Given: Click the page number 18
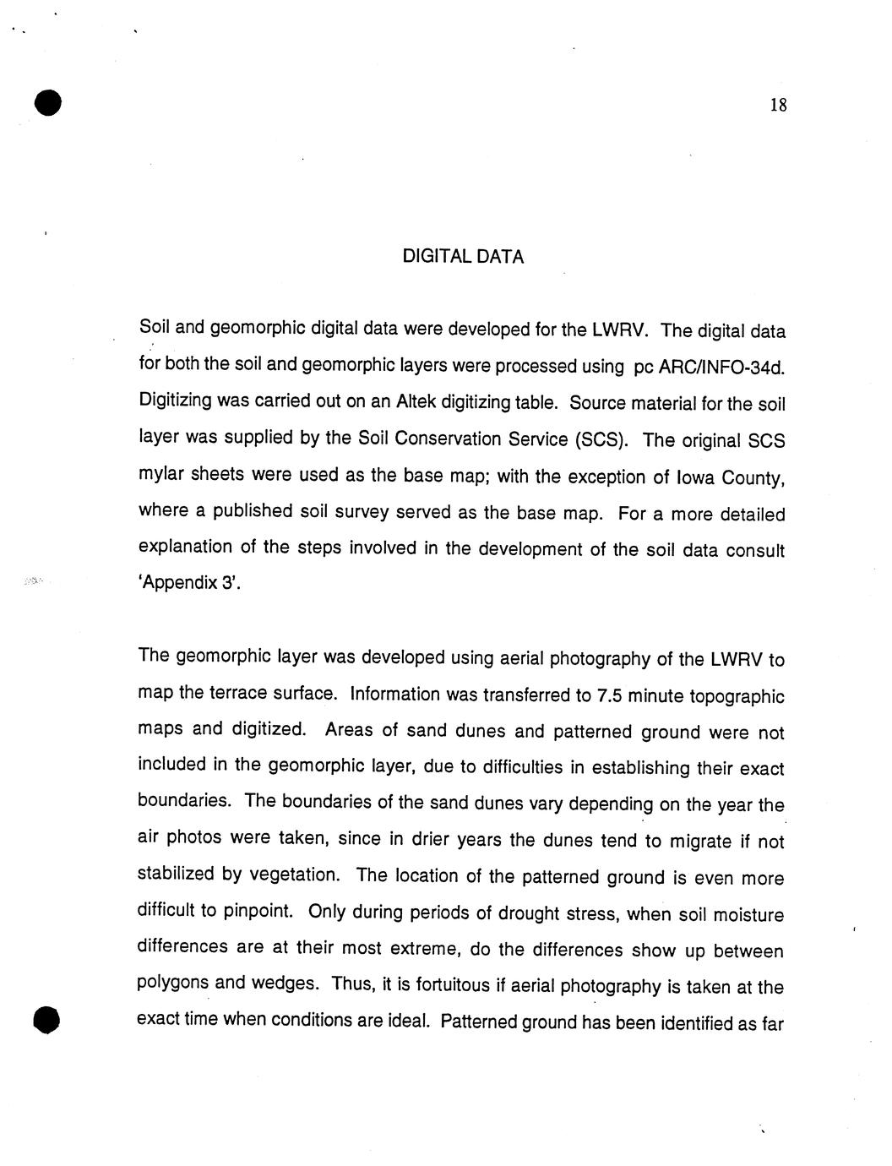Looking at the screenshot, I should pyautogui.click(x=778, y=105).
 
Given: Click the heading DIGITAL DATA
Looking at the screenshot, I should pyautogui.click(x=463, y=257).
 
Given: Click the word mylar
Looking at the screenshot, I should pyautogui.click(x=160, y=475).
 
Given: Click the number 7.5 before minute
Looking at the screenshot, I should pyautogui.click(x=611, y=695).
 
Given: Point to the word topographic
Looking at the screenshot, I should pyautogui.click(x=737, y=697).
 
